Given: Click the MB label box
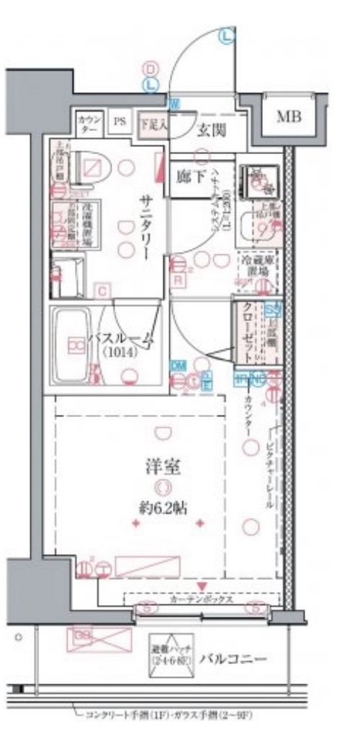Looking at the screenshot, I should pos(290,116).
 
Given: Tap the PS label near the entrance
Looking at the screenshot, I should pos(119,122).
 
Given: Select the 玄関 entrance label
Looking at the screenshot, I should pos(212,130).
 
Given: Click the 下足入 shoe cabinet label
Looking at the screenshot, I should pos(153,122).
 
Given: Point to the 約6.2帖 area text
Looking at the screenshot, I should pos(166,506).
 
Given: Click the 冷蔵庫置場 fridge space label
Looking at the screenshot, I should pos(256,267).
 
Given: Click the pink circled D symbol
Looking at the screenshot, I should pos(150,68).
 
